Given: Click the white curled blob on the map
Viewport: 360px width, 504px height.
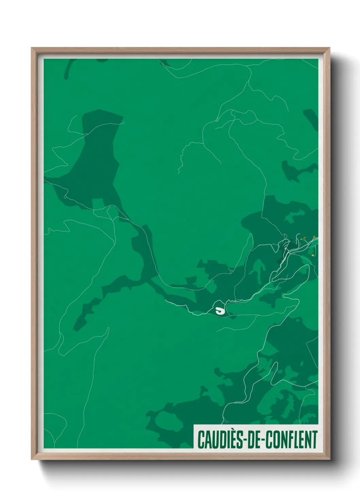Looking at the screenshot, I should point(220,310).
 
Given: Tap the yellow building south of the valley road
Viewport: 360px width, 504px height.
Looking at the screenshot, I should point(312,255).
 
